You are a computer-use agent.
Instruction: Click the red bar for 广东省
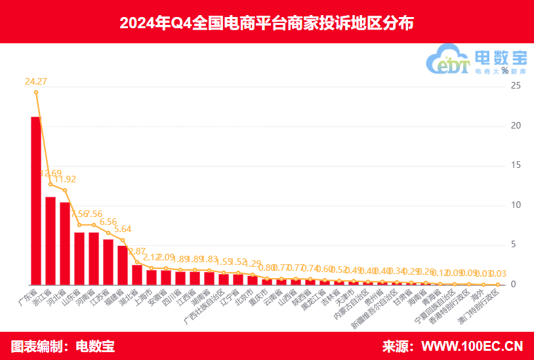click(x=36, y=201)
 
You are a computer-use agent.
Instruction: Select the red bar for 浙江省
click(x=51, y=241)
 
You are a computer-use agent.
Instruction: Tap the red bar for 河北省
click(x=65, y=243)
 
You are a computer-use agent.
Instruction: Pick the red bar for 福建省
click(x=123, y=265)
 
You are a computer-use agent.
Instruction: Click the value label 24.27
click(x=36, y=82)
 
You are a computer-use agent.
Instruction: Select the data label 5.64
click(x=123, y=230)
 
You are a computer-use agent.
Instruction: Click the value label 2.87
click(x=137, y=251)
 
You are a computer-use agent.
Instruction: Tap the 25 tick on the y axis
click(x=516, y=86)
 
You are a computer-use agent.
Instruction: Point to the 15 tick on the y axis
click(x=516, y=165)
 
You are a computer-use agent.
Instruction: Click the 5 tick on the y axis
click(x=516, y=245)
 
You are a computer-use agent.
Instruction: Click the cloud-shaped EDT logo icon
click(x=446, y=61)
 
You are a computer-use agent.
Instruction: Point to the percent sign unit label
click(x=504, y=70)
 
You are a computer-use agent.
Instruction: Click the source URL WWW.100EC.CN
click(x=472, y=346)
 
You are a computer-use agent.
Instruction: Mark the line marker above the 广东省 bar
click(x=36, y=92)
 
